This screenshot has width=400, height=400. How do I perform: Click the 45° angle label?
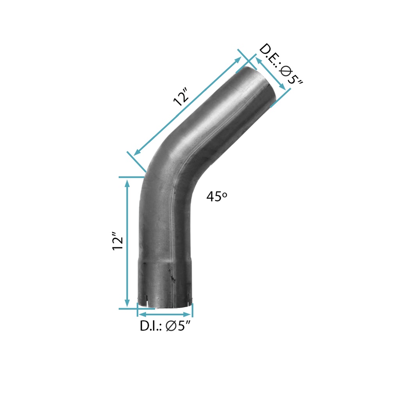click(x=216, y=196)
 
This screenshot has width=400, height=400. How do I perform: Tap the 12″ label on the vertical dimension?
click(x=118, y=242)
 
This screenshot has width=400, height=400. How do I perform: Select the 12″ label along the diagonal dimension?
click(x=182, y=96)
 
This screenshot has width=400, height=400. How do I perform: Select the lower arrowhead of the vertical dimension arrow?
click(x=127, y=303)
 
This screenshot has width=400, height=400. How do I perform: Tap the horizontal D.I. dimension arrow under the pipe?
click(x=165, y=314)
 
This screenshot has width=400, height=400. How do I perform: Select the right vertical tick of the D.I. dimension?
click(x=193, y=311)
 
